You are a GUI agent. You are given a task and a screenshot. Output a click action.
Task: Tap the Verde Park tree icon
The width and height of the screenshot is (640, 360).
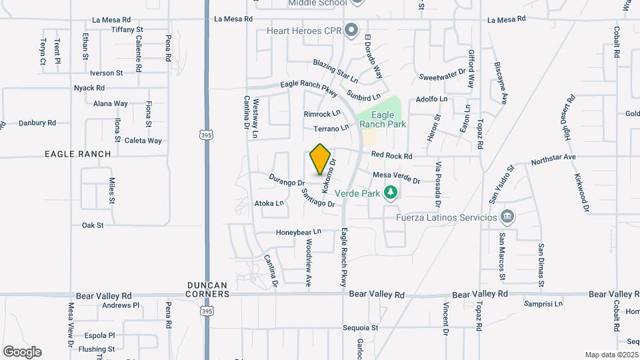(x=391, y=193)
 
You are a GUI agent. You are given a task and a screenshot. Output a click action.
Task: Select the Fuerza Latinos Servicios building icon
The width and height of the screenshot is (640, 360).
(x=507, y=216)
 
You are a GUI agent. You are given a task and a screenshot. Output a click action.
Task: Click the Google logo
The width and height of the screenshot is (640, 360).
(x=22, y=351)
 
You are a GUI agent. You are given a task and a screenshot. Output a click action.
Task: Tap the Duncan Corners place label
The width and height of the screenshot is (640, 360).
(x=208, y=289)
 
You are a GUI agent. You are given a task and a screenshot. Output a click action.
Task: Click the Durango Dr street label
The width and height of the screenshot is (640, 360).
(x=287, y=179)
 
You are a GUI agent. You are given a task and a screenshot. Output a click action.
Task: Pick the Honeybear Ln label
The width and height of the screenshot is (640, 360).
(x=299, y=232)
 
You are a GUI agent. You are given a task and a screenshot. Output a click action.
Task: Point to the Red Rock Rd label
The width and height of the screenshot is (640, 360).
(x=392, y=155)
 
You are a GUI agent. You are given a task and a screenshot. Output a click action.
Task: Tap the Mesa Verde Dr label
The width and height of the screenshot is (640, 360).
(x=397, y=177)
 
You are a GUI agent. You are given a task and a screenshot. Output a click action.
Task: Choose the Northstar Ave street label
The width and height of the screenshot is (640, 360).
(x=553, y=160)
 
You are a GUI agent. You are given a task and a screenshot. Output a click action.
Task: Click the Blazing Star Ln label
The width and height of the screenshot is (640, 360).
(x=336, y=71)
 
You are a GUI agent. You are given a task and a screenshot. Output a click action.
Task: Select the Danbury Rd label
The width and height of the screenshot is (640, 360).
(x=37, y=123)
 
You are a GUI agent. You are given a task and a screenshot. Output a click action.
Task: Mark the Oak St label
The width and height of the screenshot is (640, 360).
(x=93, y=225)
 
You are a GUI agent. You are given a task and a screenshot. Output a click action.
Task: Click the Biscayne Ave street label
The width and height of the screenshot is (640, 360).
(x=500, y=83)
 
